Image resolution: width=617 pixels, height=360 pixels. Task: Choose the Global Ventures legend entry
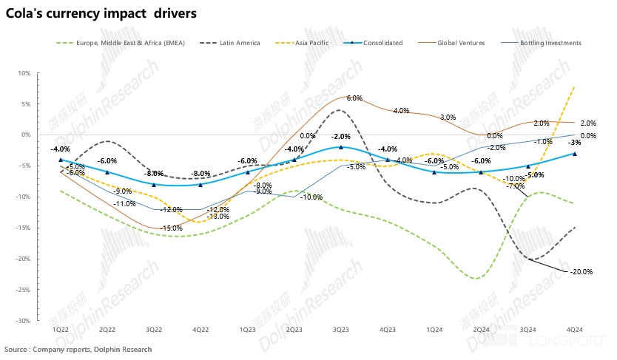(460, 43)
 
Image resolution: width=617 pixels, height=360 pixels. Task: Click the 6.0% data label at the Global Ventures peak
(354, 98)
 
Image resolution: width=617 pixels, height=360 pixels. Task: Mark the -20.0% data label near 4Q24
(581, 272)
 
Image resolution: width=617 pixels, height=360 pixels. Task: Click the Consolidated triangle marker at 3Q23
(341, 147)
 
